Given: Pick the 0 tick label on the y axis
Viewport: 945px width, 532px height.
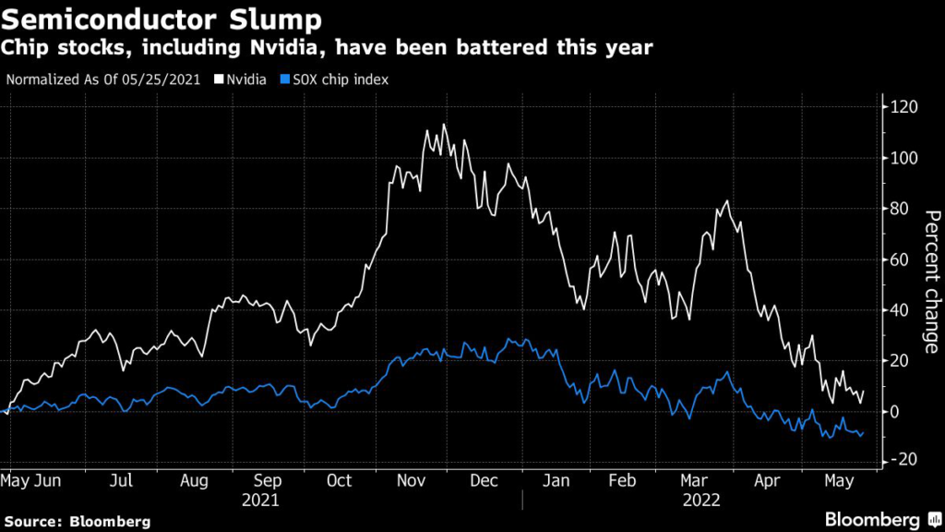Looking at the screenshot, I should tap(895, 411).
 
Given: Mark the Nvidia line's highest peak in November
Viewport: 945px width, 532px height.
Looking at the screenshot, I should tap(445, 124).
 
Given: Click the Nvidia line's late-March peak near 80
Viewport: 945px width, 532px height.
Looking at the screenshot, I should tap(727, 200).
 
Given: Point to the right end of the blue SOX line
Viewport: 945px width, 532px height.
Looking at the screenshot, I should tap(864, 430).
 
